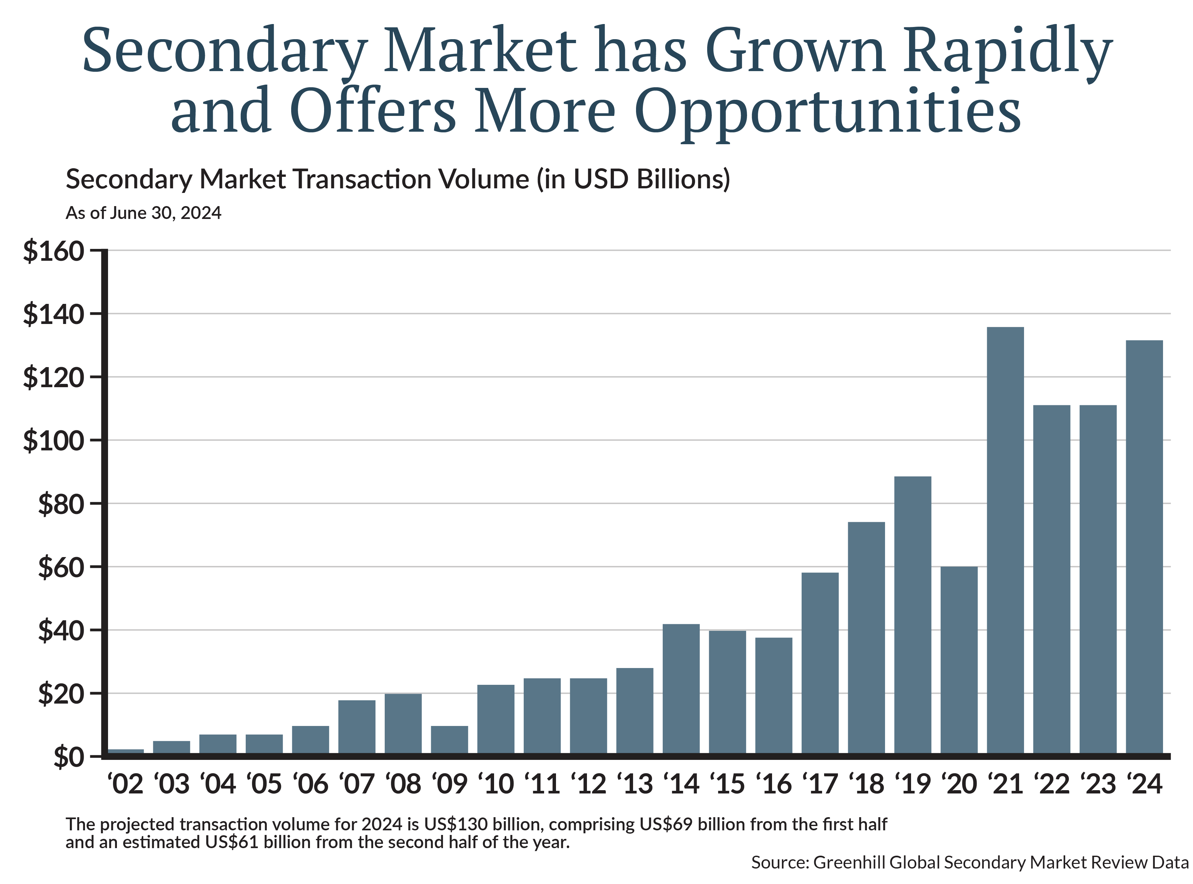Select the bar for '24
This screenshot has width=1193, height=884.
[1144, 547]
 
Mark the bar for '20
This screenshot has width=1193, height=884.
[958, 660]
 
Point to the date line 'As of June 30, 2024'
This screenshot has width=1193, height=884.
[143, 213]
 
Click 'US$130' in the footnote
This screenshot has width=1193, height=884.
[455, 824]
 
